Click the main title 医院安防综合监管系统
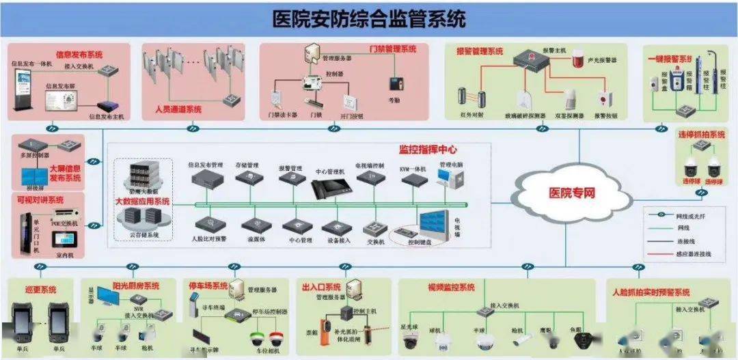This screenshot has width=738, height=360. (x=369, y=18)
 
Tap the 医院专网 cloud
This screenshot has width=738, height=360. (x=572, y=193)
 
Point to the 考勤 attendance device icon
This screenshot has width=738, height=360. (x=394, y=84)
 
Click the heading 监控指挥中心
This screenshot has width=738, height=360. (x=428, y=150)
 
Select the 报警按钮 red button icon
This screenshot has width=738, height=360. (x=603, y=100)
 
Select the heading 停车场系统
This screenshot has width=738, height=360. (x=208, y=285)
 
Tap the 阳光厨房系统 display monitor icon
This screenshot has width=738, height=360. (x=109, y=297)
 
